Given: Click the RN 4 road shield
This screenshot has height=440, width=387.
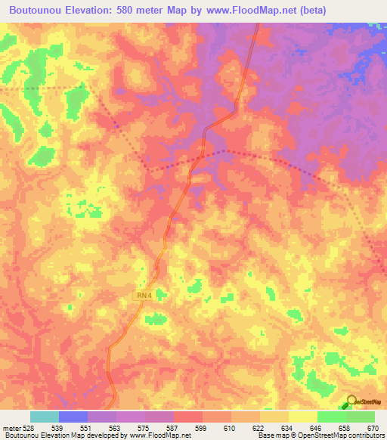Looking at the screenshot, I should pyautogui.click(x=144, y=296).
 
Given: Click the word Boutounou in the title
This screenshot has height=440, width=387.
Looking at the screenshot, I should pyautogui.click(x=33, y=11).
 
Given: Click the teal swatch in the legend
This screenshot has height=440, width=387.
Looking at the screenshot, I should pyautogui.click(x=45, y=417).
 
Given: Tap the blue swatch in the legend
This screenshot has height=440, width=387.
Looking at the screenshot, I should pyautogui.click(x=73, y=417).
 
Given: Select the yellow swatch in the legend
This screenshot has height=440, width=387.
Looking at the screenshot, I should pyautogui.click(x=302, y=417).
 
